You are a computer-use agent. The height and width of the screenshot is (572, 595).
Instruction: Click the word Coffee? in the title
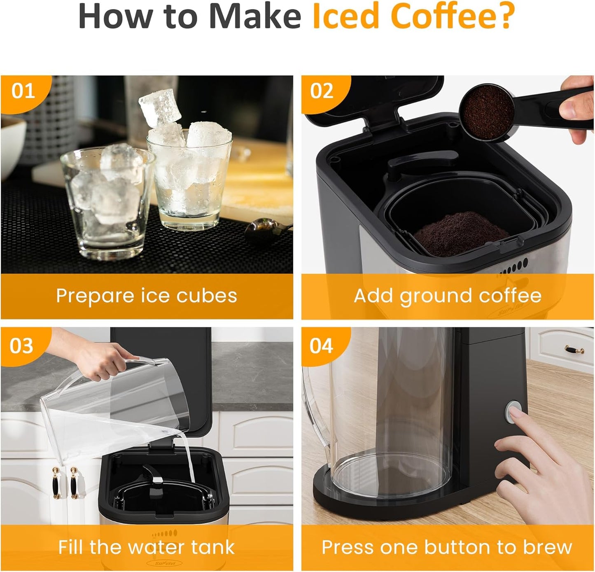click(455, 16)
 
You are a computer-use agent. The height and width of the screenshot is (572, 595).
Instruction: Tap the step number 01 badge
click(23, 91)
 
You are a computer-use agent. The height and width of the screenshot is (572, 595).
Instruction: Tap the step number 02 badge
click(322, 91)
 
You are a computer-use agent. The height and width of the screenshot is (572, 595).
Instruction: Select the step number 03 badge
click(21, 346)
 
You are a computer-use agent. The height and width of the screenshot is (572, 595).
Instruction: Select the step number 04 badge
click(321, 346)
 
